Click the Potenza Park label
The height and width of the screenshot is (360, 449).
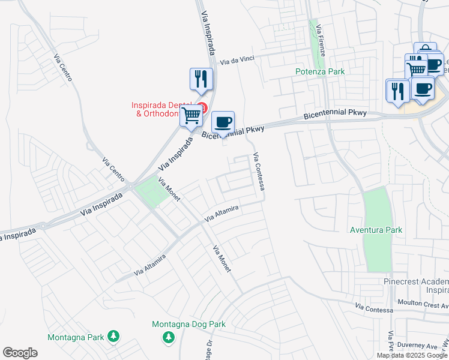[320, 71]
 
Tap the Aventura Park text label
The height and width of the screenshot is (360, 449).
[376, 230]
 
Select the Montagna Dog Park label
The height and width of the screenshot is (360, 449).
[188, 324]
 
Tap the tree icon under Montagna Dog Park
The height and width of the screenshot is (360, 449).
[169, 338]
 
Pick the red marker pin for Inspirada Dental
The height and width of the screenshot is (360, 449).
[202, 109]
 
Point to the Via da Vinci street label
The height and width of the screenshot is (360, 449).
[238, 61]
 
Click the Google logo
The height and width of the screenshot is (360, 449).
[20, 353]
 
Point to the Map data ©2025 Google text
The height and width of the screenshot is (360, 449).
[412, 355]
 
